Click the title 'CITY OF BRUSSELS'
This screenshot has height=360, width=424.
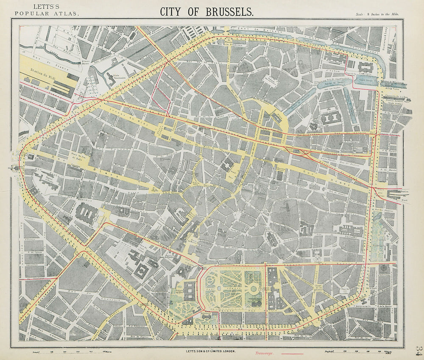[207, 11]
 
